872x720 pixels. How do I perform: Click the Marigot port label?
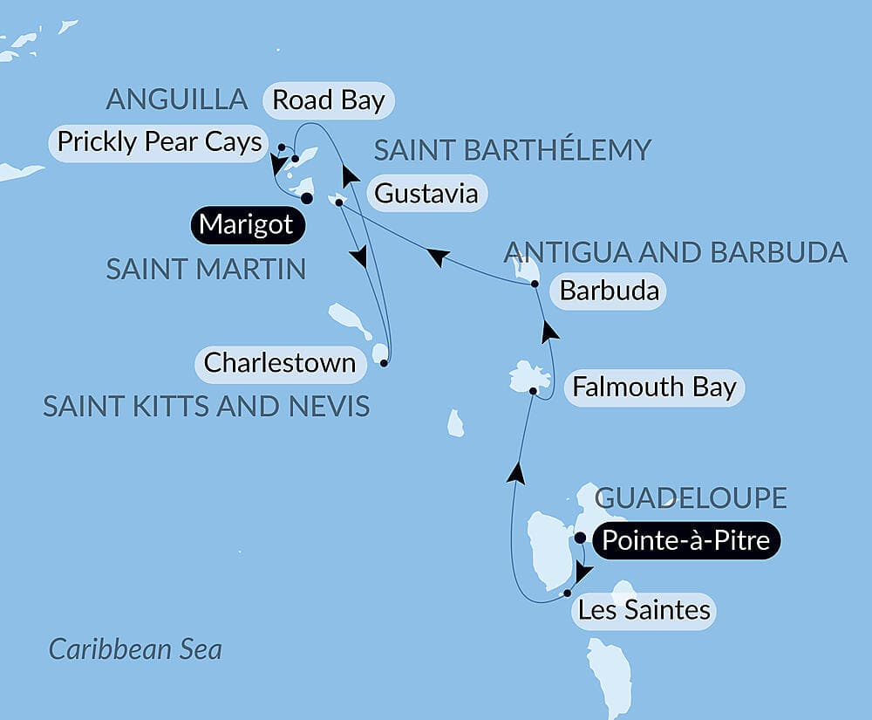tap(247, 225)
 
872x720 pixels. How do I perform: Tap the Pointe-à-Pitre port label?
tap(685, 541)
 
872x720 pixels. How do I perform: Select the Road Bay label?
tap(328, 100)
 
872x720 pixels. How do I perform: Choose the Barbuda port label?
tap(609, 290)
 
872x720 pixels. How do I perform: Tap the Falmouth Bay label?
tap(654, 387)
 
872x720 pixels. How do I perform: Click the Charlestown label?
tap(279, 362)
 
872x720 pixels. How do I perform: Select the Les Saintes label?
tap(644, 609)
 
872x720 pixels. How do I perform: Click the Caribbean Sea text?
tap(135, 649)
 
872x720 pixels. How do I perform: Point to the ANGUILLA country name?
tap(177, 99)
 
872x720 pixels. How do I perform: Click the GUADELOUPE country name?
tap(691, 498)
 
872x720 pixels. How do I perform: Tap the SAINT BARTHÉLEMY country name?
tap(512, 150)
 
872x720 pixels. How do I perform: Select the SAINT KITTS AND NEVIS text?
tap(206, 406)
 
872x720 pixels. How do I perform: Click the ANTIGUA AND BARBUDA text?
tap(676, 252)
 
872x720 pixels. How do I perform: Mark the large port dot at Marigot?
tap(307, 198)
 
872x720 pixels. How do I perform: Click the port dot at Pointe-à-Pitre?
tap(581, 538)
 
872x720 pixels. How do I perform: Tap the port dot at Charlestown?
tap(385, 363)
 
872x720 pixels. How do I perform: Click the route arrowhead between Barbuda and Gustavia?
tap(438, 256)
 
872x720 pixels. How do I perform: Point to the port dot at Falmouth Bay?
tap(533, 392)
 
